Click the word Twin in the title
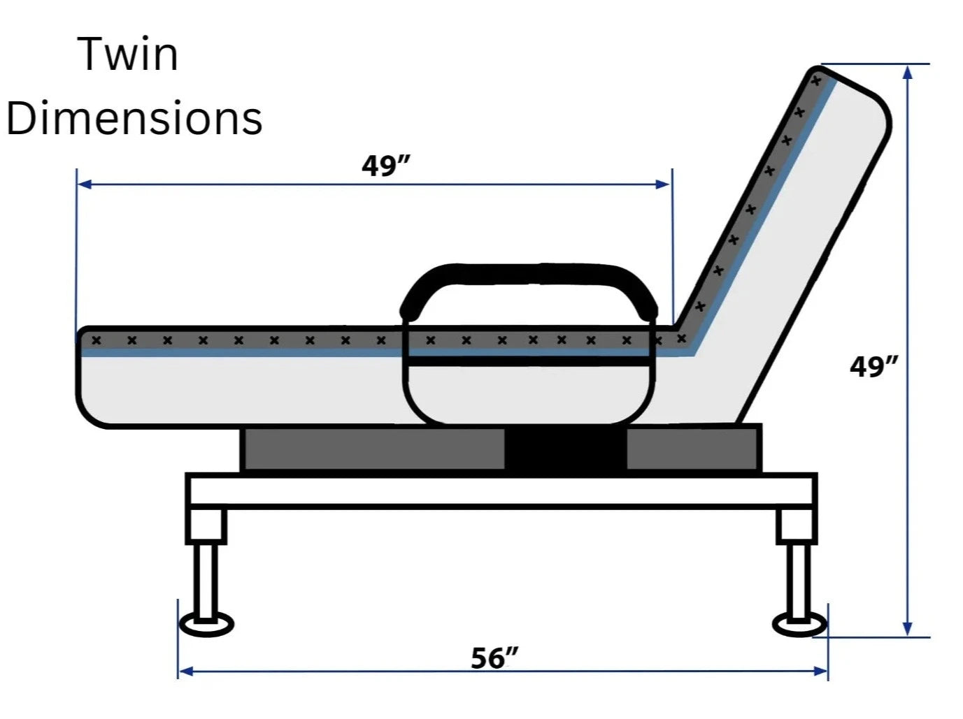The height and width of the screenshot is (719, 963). pos(128,54)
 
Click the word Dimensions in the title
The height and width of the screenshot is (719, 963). pos(134,117)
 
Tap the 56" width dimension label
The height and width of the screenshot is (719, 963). pos(494,658)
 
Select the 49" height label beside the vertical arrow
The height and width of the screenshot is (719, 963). pos(873,366)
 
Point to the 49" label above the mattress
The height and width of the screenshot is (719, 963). pos(385,166)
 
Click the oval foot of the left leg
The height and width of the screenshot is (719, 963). pos(206,625)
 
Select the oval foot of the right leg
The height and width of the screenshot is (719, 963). pos(799,624)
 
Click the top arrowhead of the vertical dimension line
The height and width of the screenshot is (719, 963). pos(908,72)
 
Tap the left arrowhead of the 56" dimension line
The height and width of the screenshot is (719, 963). pos(186,671)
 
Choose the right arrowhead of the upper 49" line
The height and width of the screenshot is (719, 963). pos(662,184)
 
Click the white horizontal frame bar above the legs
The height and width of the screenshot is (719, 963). pos(501,491)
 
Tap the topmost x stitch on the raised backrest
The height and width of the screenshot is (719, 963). pos(815,82)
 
